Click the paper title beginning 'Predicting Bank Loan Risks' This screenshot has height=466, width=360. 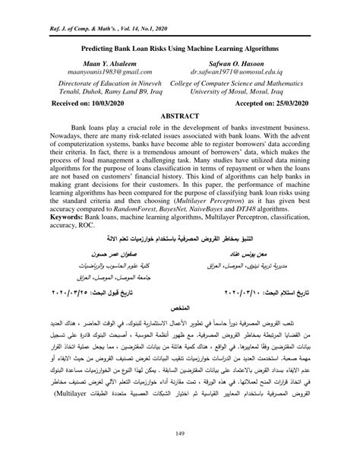coord(180,46)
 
